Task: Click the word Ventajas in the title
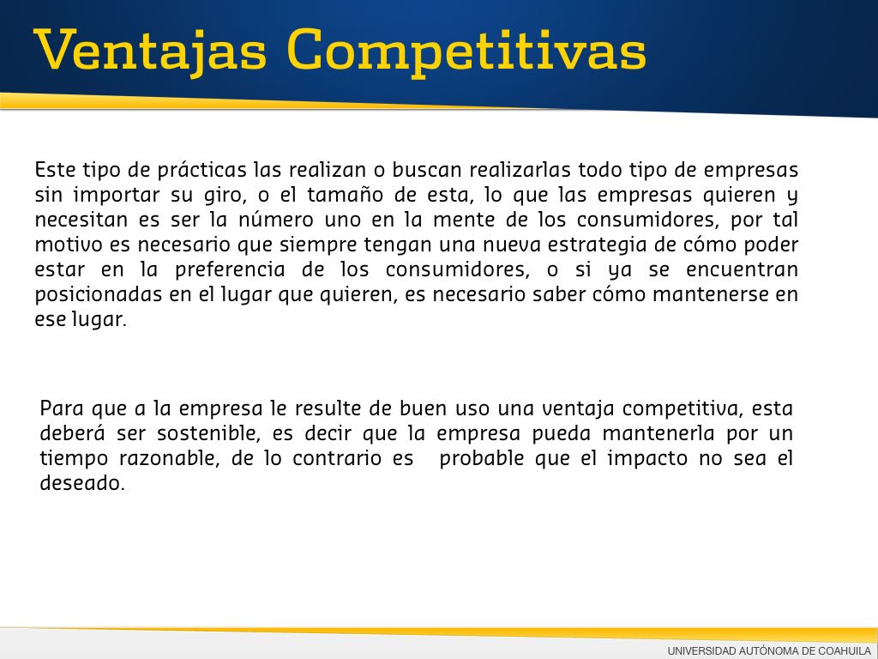point(150,51)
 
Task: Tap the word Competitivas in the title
point(466,51)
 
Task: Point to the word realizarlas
point(520,170)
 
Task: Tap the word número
point(275,219)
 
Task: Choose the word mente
point(464,220)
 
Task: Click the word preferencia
point(230,269)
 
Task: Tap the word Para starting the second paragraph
point(62,408)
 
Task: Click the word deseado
point(81,483)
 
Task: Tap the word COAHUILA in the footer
point(845,650)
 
